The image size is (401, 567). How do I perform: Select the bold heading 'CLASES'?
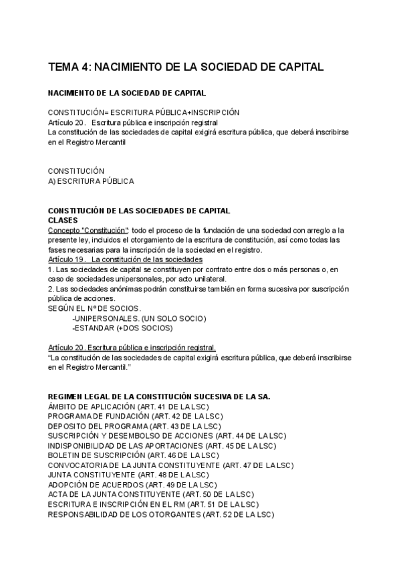point(63,220)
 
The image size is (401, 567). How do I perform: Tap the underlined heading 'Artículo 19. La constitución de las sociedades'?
point(126,259)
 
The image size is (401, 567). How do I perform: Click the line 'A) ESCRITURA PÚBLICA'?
point(91,181)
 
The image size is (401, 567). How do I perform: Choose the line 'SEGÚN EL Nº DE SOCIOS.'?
point(95,308)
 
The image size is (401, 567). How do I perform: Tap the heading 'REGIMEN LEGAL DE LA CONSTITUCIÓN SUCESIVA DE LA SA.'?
point(159,396)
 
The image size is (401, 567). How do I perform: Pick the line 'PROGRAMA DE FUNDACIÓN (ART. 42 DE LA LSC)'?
point(135,416)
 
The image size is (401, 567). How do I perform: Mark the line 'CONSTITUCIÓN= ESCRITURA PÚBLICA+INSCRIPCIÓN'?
point(144,112)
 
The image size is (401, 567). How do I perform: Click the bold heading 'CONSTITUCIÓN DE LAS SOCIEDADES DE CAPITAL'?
point(139,210)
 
